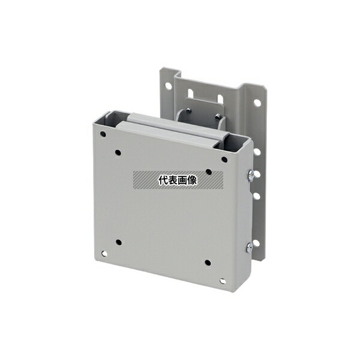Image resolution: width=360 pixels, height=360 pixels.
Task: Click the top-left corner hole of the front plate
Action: tap(103, 134)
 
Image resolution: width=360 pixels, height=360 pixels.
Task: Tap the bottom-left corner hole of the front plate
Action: tap(104, 254)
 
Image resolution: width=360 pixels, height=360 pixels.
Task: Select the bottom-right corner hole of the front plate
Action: tap(222, 281)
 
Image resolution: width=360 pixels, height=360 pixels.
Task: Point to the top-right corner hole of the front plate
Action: tap(224, 160)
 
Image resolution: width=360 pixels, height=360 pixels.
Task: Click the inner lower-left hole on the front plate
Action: tap(119, 242)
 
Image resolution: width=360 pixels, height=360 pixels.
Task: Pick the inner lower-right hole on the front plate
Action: tap(208, 263)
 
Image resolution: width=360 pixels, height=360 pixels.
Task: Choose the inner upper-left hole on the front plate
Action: tap(118, 152)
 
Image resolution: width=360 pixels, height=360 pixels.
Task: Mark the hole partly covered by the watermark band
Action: tap(209, 172)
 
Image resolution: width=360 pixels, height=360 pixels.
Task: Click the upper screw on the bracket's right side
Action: tap(250, 176)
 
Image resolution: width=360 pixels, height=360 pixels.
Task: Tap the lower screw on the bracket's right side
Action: tap(250, 247)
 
